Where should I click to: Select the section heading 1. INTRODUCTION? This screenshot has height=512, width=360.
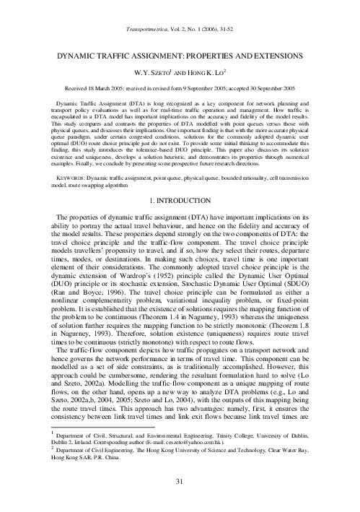coord(180,198)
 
